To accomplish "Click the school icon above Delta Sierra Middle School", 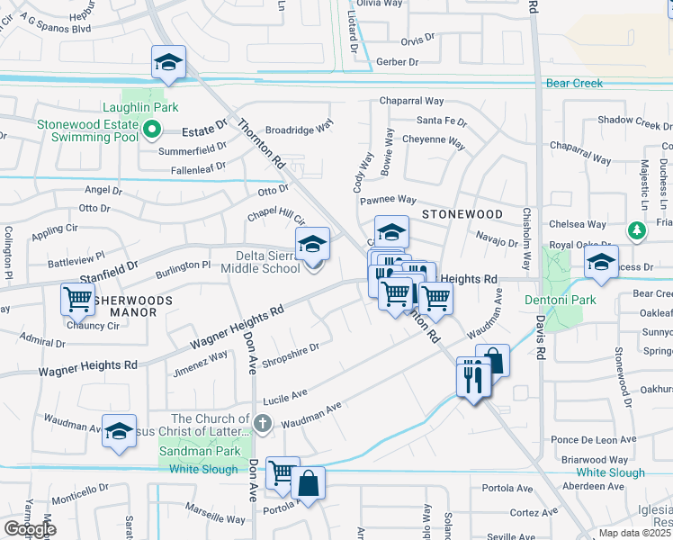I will [313, 244].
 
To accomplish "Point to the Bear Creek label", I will [574, 84].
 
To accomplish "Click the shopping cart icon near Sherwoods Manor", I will [78, 299].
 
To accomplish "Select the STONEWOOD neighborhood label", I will [462, 214].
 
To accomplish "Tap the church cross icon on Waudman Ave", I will [262, 421].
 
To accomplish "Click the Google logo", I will [30, 529].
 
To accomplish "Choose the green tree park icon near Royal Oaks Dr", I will [638, 231].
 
